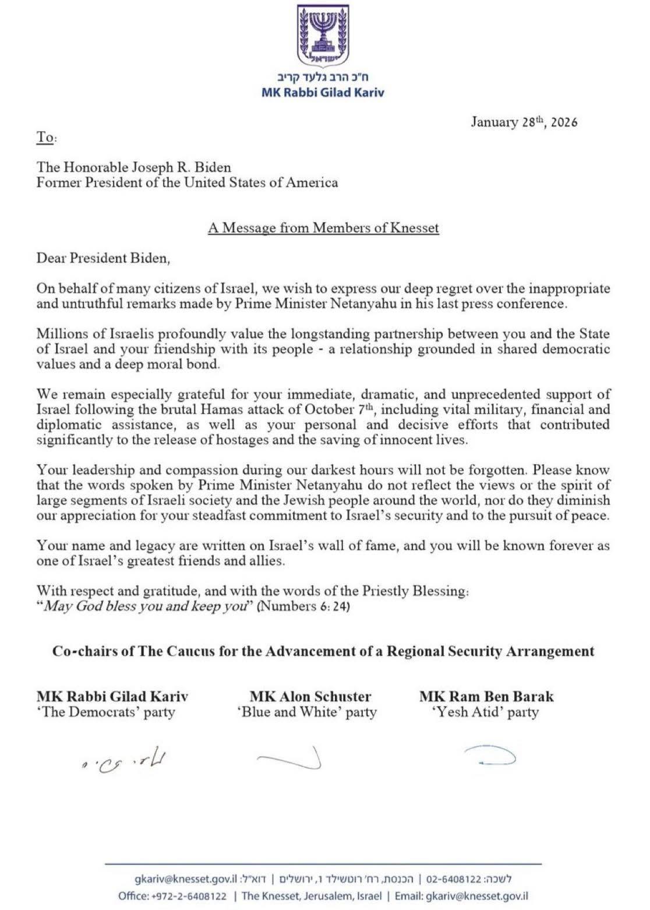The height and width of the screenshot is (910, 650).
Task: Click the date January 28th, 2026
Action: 524,122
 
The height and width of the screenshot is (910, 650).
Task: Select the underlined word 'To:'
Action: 47,138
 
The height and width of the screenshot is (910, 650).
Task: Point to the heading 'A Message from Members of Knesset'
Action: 323,227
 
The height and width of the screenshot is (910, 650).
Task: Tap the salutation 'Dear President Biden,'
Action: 103,258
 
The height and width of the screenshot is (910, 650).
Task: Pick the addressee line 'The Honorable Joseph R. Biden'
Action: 133,167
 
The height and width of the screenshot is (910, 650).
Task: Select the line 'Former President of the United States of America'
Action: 187,182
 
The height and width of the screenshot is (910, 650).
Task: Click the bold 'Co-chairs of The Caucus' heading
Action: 323,651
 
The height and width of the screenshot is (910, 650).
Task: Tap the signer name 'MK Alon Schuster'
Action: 310,696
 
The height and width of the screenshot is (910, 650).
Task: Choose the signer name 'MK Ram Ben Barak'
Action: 486,696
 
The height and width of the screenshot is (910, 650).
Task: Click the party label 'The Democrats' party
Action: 105,712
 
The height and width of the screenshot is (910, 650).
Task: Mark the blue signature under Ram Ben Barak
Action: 489,757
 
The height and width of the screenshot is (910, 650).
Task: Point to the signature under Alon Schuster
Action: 290,758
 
